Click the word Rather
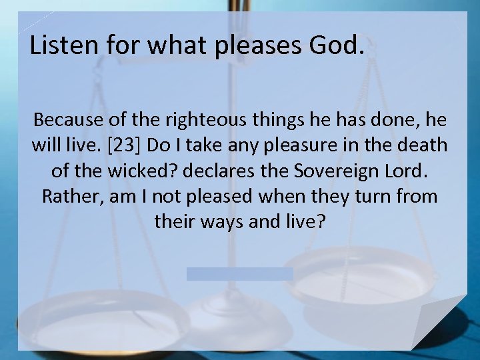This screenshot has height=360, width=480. [x=67, y=196]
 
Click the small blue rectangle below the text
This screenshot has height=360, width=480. [x=239, y=274]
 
